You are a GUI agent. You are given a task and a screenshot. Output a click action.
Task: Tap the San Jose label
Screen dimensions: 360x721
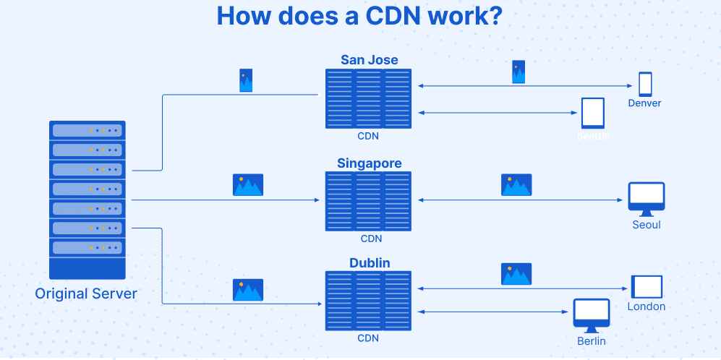coord(369,59)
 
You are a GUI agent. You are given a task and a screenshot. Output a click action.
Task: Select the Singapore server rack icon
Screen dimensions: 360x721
coord(368,201)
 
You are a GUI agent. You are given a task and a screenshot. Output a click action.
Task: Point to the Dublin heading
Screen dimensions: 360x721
coord(369,263)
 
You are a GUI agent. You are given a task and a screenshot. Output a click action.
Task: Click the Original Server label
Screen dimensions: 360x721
coord(86,294)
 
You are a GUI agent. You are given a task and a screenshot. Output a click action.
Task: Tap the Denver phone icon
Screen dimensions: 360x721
coord(644,84)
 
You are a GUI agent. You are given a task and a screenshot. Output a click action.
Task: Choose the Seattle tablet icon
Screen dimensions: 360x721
coord(593,113)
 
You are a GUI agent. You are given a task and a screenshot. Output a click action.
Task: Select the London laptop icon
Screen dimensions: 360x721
coord(646,287)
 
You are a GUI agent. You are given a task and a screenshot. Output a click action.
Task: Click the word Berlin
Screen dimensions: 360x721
coord(591,340)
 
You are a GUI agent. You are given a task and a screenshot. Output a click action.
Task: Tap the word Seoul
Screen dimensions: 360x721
coord(646,224)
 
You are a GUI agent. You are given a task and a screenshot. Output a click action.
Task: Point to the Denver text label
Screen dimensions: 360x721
coord(644,103)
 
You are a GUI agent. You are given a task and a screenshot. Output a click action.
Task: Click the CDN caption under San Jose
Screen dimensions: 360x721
coord(368,136)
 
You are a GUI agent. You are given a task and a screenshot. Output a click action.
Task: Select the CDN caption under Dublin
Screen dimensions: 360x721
coord(368,338)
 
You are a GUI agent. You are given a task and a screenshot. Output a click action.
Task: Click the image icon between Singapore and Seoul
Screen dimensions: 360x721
coord(516,185)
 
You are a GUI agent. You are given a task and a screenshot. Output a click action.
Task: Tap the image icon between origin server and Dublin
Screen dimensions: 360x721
coord(247,290)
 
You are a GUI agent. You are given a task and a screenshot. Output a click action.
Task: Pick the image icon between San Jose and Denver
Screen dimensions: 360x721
coord(519,72)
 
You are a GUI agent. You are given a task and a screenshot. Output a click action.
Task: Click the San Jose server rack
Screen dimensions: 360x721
coord(368,98)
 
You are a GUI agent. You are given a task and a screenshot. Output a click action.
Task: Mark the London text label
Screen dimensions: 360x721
coord(646,307)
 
